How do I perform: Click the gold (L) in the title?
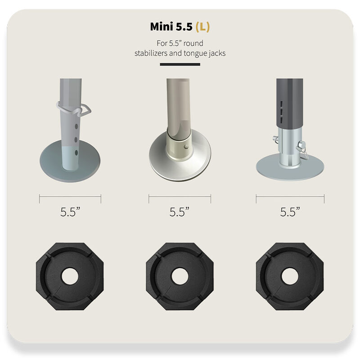click(203, 27)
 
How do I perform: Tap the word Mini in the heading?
click(162, 27)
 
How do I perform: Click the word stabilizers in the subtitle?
click(151, 53)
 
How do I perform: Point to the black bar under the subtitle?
click(180, 64)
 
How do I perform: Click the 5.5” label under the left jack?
click(70, 212)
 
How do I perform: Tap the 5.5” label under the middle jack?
click(179, 212)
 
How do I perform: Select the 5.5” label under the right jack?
click(290, 212)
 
